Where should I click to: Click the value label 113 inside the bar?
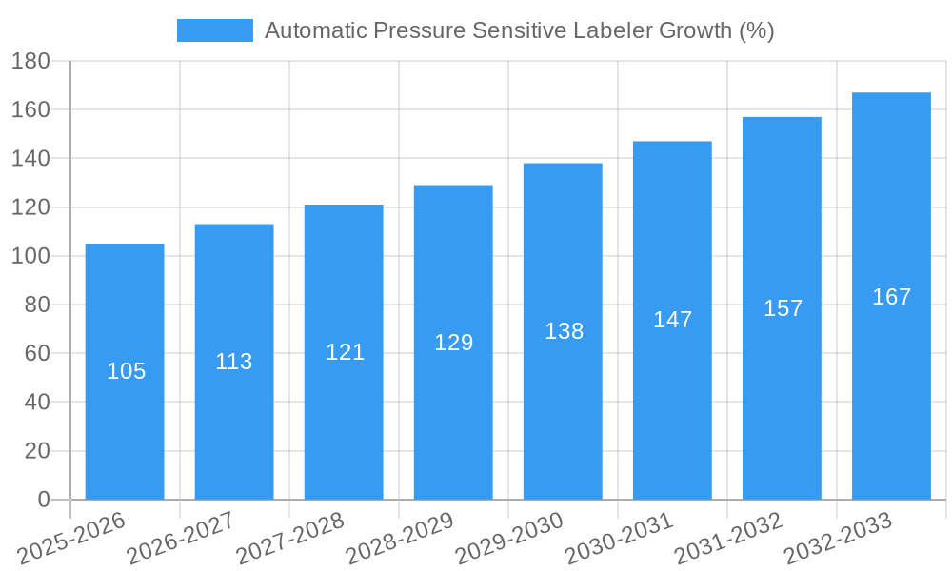tap(234, 362)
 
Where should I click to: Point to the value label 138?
tap(564, 331)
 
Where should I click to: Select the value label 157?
tap(783, 308)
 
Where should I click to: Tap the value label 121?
tap(345, 352)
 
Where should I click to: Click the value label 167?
tap(891, 297)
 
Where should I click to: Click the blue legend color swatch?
tap(215, 30)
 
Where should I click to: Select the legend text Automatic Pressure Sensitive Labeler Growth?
tap(519, 30)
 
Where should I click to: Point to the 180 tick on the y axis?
tap(30, 61)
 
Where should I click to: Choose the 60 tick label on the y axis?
tap(36, 353)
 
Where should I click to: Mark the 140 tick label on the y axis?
tap(30, 158)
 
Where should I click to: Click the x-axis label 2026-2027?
tap(181, 539)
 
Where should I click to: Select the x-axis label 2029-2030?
tap(509, 539)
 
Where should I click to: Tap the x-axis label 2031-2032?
tap(728, 539)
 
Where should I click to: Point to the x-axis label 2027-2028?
tap(290, 539)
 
